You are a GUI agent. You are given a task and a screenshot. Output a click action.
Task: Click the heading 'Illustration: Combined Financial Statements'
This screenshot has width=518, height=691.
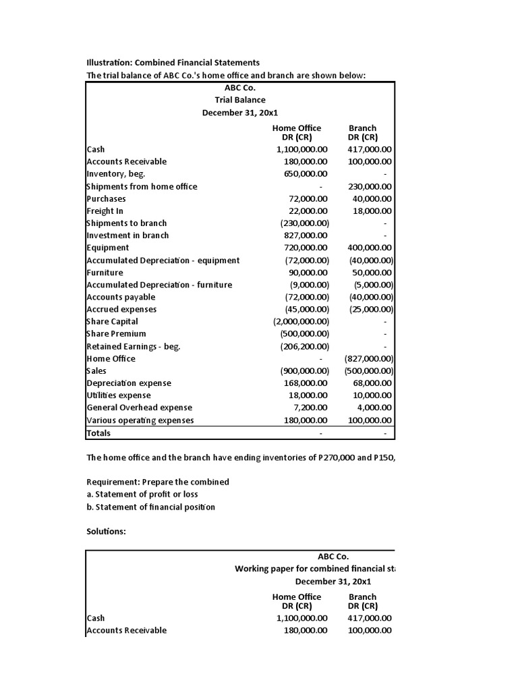click(173, 63)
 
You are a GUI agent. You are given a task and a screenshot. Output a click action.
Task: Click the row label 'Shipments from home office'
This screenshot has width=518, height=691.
click(142, 186)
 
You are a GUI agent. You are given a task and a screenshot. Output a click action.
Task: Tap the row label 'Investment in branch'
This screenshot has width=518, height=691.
click(128, 236)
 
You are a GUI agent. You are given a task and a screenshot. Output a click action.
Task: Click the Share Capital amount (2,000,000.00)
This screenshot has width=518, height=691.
click(301, 322)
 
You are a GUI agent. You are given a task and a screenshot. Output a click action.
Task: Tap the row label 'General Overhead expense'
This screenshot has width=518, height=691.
click(140, 408)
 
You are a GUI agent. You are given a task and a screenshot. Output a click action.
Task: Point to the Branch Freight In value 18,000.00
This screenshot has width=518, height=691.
click(372, 211)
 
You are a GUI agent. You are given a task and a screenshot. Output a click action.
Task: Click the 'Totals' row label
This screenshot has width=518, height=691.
click(98, 433)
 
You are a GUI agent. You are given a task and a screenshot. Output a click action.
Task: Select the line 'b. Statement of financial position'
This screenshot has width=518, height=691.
click(151, 507)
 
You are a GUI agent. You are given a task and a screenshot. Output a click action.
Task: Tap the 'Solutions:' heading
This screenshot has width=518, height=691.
click(107, 532)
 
